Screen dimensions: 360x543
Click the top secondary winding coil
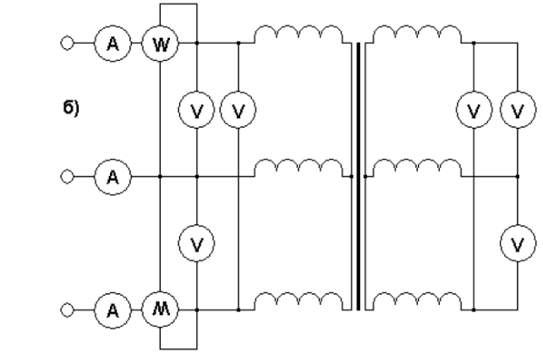[x=418, y=34]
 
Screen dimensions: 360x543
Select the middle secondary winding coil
[x=418, y=169]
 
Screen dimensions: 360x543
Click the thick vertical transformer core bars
[x=359, y=176]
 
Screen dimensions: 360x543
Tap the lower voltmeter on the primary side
[x=196, y=243]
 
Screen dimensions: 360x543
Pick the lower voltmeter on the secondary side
[x=516, y=243]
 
